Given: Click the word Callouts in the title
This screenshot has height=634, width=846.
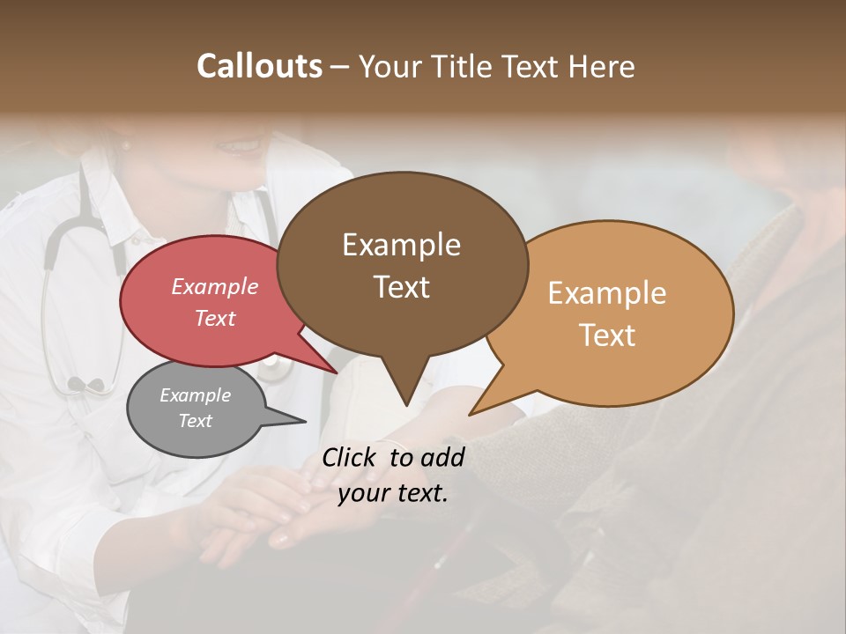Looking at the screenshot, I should point(259,66).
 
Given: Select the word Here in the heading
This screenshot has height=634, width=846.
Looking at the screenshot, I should point(603,66).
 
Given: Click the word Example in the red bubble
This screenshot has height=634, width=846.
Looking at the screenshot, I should point(215,286).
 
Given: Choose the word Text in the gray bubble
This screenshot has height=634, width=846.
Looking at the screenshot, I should point(196,421).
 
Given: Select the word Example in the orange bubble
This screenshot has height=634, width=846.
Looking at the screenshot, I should point(607,293).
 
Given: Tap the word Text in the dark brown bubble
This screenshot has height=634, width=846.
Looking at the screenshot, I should point(402,287).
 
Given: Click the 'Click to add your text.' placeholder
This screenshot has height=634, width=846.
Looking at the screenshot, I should point(393,475).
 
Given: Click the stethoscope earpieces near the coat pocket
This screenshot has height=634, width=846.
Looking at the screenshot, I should point(85,385).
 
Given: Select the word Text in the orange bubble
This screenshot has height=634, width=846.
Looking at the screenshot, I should point(608,335).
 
